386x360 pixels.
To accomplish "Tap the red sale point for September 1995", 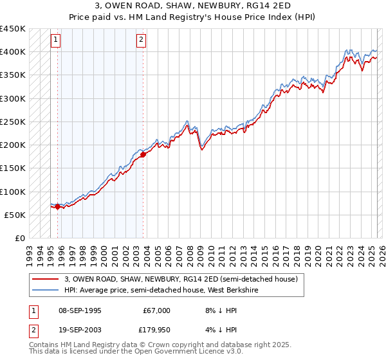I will (57, 207).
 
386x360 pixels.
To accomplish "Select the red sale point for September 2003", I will (143, 154).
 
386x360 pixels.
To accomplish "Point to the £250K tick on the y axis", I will (14, 122).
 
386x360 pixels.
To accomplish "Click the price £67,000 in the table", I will (157, 310).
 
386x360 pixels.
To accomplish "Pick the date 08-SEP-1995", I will (80, 310).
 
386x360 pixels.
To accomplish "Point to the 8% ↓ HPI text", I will (213, 310).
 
